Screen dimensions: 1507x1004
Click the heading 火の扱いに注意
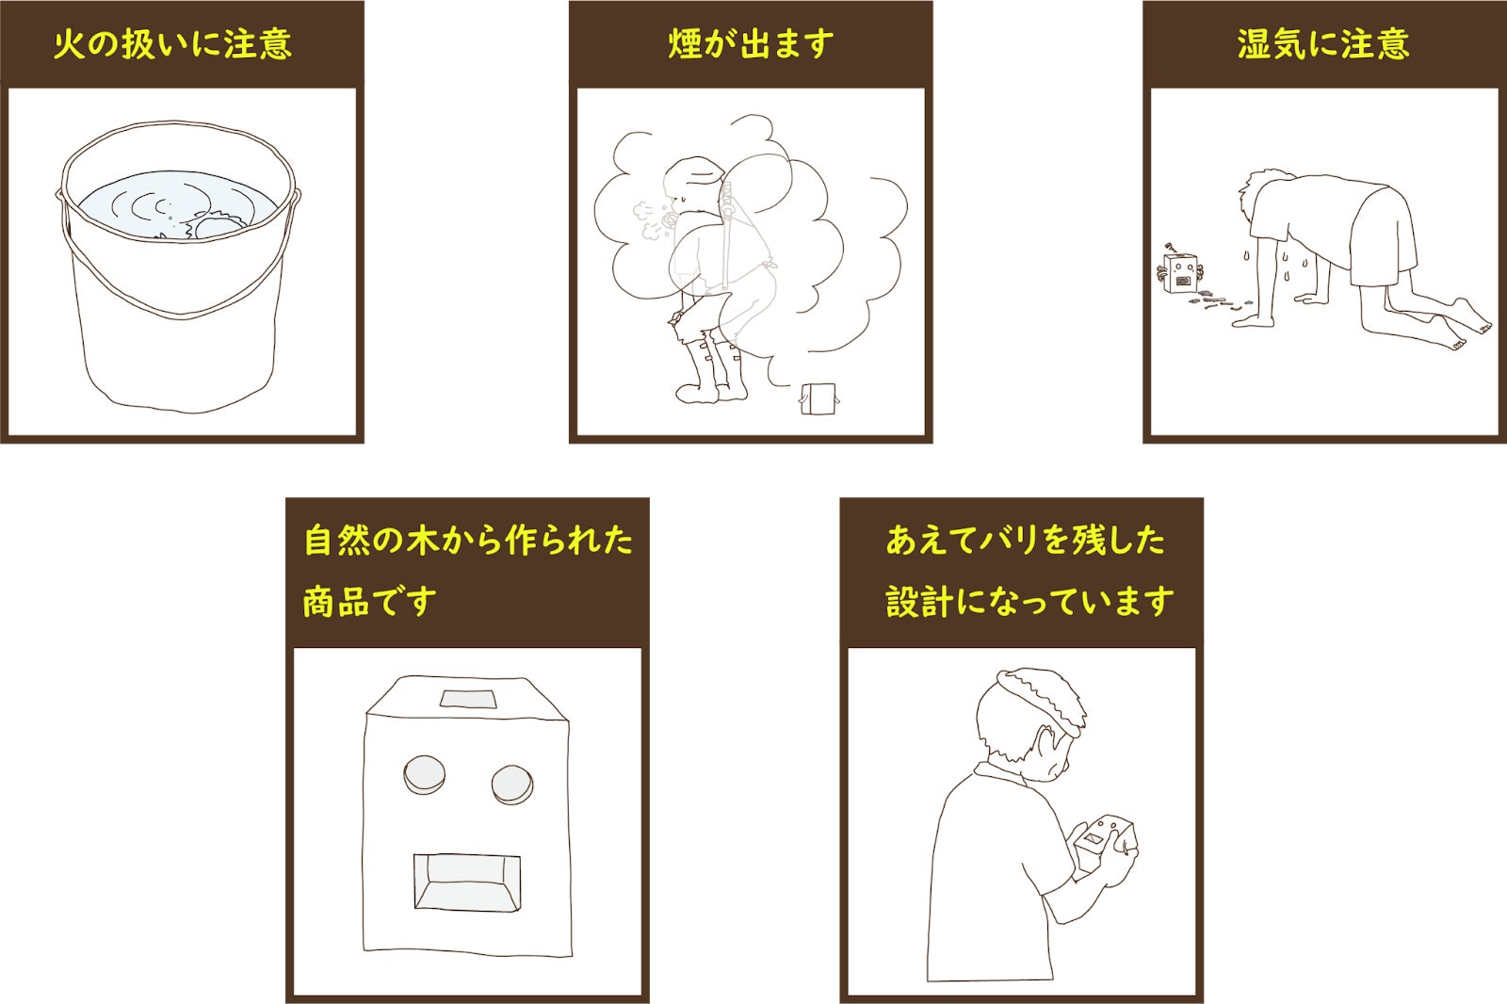click(x=173, y=44)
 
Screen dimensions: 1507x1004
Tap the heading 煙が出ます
click(x=751, y=44)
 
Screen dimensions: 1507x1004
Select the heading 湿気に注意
click(x=1323, y=44)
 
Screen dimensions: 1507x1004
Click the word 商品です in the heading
click(x=369, y=601)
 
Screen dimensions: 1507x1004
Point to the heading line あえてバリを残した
click(x=1026, y=540)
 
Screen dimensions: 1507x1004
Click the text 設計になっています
click(x=1029, y=601)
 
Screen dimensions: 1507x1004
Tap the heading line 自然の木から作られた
click(x=468, y=540)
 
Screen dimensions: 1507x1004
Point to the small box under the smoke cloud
click(x=818, y=399)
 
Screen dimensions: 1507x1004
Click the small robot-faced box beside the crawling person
click(x=1181, y=273)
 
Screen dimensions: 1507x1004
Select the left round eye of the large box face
click(x=424, y=774)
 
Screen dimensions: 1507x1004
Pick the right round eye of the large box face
click(x=512, y=785)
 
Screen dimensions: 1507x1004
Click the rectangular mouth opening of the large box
click(x=467, y=883)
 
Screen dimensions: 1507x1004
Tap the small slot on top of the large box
click(x=468, y=699)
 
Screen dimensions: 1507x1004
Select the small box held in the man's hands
click(x=1106, y=843)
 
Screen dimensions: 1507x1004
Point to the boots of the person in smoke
click(x=712, y=372)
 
